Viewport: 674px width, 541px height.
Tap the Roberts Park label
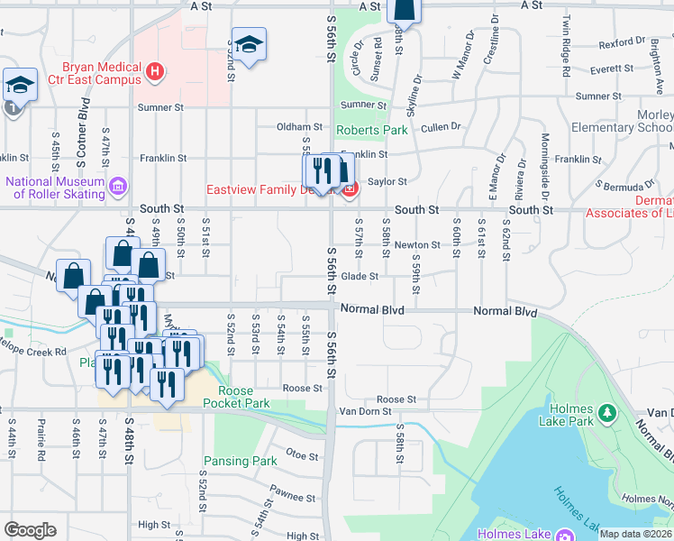(x=371, y=130)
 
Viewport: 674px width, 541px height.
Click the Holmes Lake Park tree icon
(x=608, y=413)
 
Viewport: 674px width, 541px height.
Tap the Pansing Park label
(x=240, y=461)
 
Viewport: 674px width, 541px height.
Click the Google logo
(x=30, y=530)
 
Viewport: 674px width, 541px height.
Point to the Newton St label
(x=416, y=244)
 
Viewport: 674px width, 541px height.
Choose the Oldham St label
(x=299, y=127)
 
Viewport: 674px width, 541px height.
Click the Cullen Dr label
(x=441, y=127)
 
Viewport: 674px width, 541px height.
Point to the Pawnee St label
(x=287, y=495)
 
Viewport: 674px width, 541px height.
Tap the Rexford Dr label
(x=623, y=42)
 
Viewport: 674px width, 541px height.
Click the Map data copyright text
(x=634, y=534)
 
